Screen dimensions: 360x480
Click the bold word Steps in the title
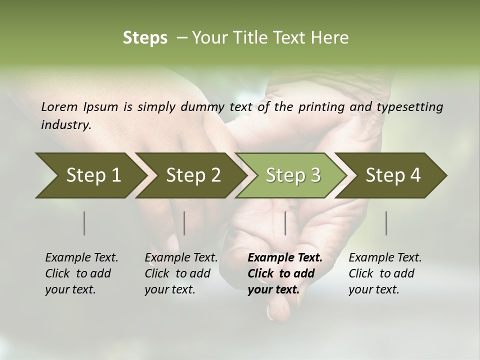point(145,37)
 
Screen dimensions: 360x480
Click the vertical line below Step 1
point(84,223)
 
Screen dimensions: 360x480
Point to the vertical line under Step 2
point(184,223)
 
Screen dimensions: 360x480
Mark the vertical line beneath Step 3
point(285,223)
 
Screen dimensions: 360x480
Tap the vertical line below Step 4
point(386,223)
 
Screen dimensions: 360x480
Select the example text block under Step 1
point(81,273)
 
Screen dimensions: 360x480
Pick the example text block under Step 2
point(181,273)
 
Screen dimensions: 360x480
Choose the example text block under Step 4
point(385,273)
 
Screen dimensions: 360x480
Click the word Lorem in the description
point(59,106)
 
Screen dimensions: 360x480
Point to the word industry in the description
point(65,124)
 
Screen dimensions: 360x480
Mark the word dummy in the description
point(249,107)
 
